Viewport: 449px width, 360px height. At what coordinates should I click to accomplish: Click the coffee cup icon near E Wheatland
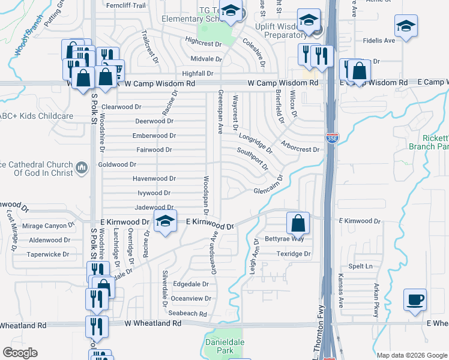click(x=415, y=299)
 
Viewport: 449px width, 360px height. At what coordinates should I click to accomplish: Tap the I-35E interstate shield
click(x=332, y=138)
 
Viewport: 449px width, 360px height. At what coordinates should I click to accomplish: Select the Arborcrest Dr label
click(x=300, y=149)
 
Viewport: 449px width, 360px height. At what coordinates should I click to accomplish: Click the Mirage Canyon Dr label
click(x=47, y=226)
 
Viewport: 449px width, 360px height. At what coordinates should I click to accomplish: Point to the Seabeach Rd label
click(x=187, y=314)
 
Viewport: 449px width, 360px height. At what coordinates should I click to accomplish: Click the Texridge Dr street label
click(x=293, y=254)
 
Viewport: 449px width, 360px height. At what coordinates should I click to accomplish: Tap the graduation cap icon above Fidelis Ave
click(x=406, y=26)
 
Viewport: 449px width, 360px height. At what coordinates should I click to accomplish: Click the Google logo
click(x=20, y=353)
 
